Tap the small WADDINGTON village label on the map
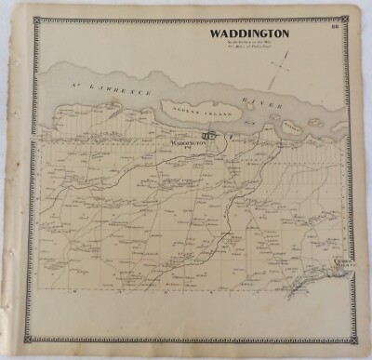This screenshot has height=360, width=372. pyautogui.click(x=186, y=143)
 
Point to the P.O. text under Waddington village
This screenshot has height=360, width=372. pyautogui.click(x=186, y=149)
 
